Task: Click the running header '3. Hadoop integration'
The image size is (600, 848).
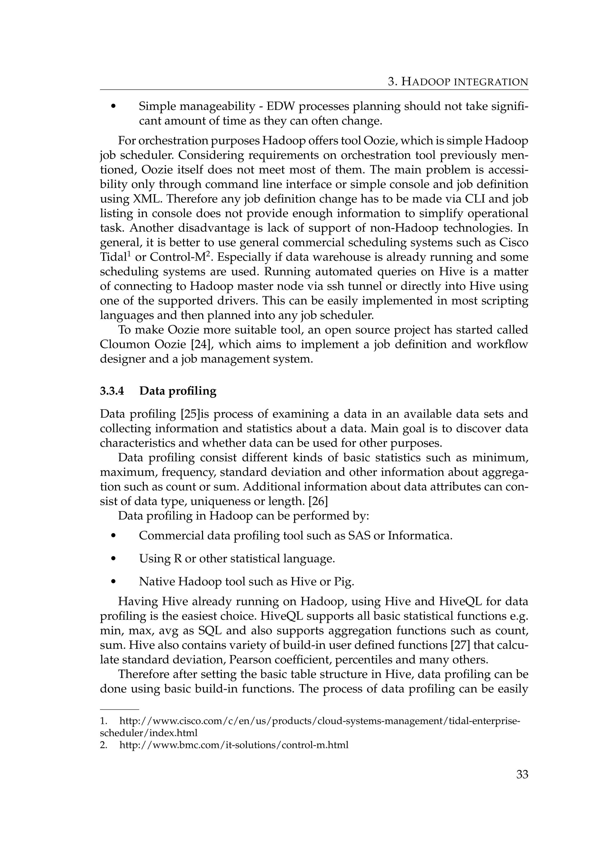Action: tap(458, 82)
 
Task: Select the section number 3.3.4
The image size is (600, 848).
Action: tap(112, 391)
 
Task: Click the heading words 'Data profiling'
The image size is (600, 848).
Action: tap(178, 391)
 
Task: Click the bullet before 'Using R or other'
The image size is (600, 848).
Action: tap(113, 560)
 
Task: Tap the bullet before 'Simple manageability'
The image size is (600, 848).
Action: tap(113, 107)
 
